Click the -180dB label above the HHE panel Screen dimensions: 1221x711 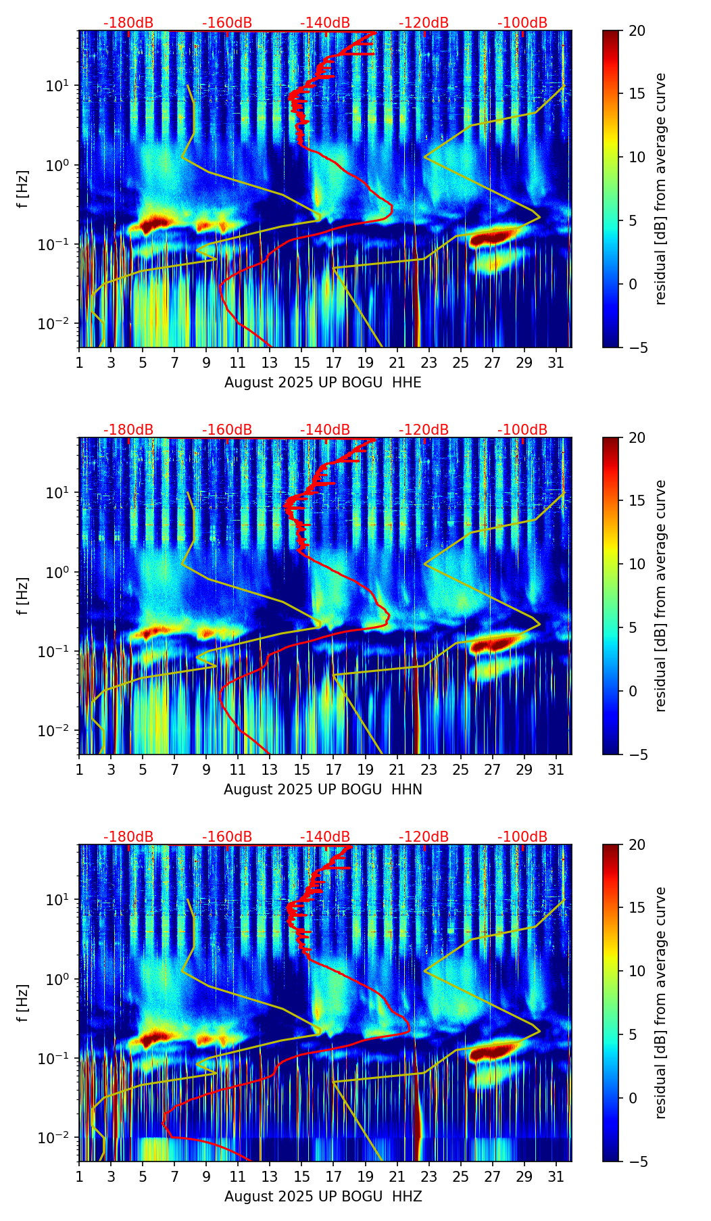coord(128,23)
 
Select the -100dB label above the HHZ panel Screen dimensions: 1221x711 coord(522,837)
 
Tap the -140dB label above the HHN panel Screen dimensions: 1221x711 coord(325,430)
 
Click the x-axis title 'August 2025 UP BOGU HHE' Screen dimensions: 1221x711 coord(322,383)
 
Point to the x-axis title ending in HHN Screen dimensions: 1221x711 coord(322,790)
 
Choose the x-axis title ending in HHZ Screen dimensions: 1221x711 coord(322,1197)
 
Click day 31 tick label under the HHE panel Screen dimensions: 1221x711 coord(556,364)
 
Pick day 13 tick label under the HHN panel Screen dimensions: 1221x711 coord(270,771)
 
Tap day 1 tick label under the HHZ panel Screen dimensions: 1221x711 coord(79,1178)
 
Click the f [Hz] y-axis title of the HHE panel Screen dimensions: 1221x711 coord(23,189)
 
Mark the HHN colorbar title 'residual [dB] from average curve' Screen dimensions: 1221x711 coord(661,596)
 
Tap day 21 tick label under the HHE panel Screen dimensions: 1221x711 coord(397,364)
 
